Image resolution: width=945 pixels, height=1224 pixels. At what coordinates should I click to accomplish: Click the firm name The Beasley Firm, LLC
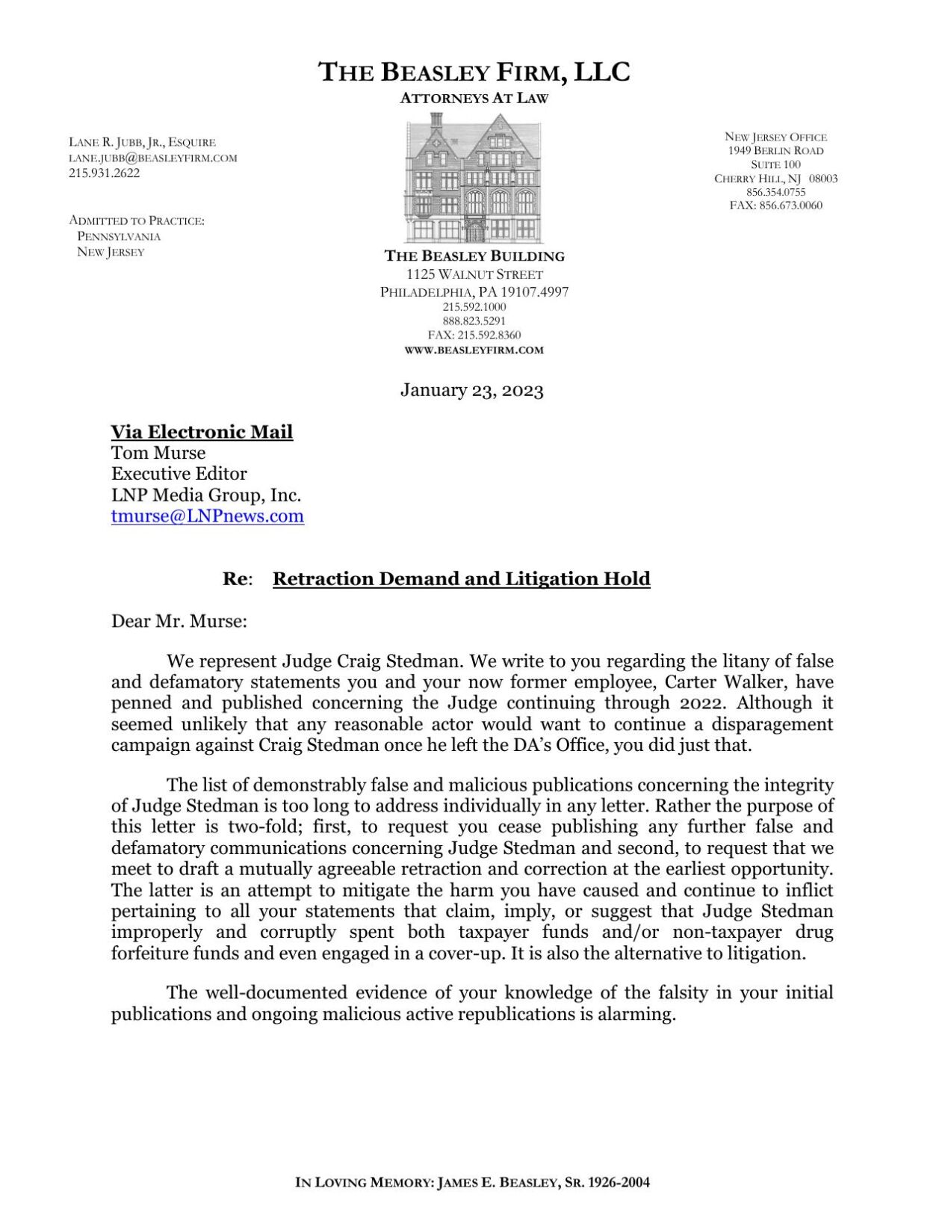pos(474,72)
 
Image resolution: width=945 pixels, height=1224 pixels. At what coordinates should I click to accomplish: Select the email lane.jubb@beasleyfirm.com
pos(153,158)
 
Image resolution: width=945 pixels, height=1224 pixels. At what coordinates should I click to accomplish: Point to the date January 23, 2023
pos(471,390)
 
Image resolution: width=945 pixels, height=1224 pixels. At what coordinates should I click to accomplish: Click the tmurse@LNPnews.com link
pos(208,516)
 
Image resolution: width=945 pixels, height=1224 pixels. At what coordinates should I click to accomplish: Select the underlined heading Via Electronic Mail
pos(202,432)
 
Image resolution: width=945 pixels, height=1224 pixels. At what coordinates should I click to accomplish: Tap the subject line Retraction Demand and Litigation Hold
pos(461,579)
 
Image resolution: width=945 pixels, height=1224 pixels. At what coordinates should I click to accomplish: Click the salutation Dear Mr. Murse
pos(179,621)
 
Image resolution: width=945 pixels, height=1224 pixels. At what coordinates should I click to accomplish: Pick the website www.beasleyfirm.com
pos(474,350)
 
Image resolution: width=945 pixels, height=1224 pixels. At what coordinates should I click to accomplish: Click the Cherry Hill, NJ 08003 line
pos(776,179)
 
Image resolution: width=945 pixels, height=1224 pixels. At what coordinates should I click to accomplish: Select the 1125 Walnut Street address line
pos(474,274)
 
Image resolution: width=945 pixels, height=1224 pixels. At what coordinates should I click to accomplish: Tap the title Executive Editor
pos(179,474)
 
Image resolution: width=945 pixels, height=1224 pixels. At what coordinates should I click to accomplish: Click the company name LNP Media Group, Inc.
pos(206,495)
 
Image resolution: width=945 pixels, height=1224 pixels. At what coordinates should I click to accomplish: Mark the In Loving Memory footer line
pos(472,1182)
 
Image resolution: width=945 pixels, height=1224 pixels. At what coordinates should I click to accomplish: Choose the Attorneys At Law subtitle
pos(474,98)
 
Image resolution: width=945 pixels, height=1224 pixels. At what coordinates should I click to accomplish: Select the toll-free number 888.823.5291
pos(474,321)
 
